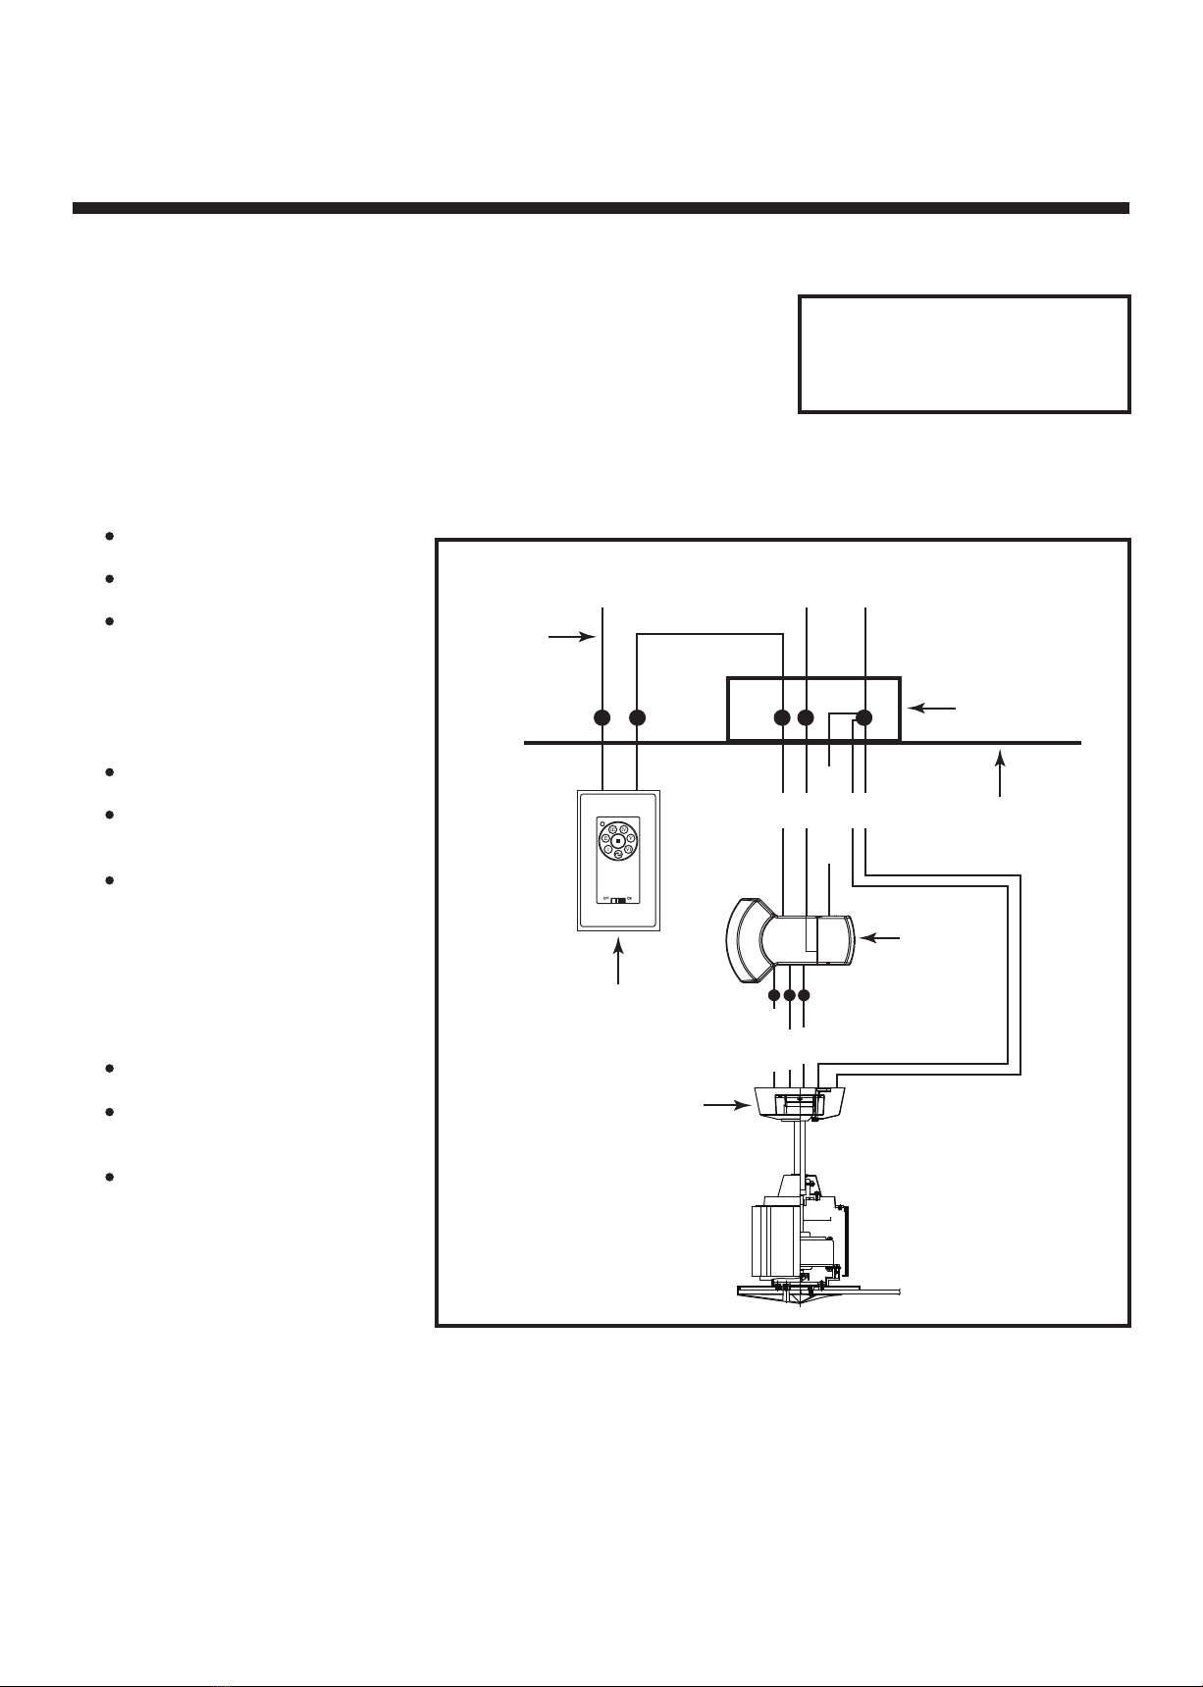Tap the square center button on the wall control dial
617,842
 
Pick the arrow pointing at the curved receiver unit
880,939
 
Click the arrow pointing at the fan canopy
720,1106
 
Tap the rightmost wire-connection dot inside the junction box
864,717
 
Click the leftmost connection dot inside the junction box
782,717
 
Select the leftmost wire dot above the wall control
602,717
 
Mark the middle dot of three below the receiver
790,996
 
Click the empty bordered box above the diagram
965,353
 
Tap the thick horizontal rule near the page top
601,208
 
